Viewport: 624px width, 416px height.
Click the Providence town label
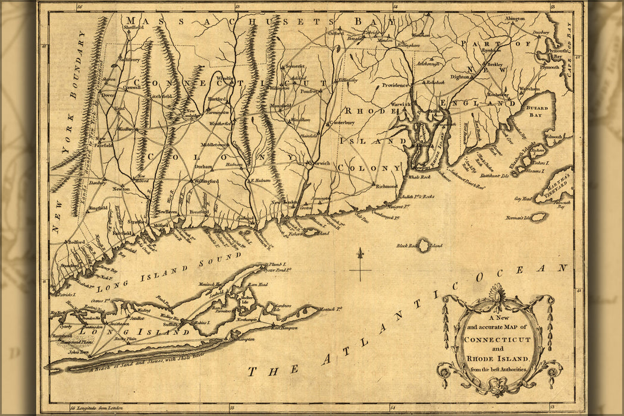395,85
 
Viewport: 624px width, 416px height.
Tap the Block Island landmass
424,244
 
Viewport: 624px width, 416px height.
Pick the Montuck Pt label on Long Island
332,307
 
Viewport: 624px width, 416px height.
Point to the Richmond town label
387,186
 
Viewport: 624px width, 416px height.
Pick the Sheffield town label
134,27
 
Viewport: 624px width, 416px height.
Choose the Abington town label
515,19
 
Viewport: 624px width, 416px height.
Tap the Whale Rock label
418,177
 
